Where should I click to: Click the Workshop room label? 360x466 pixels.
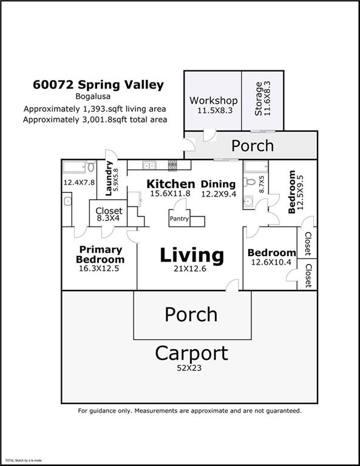click(214, 101)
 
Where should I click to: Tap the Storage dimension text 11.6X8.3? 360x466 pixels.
click(267, 98)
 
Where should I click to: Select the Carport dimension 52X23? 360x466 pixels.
click(189, 368)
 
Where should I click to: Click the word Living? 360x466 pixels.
click(192, 255)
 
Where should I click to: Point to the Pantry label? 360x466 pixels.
click(179, 218)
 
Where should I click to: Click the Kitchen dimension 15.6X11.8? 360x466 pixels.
click(170, 194)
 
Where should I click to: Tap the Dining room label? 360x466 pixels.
click(218, 184)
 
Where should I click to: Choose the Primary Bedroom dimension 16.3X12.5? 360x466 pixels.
click(99, 268)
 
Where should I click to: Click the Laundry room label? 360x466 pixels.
click(109, 178)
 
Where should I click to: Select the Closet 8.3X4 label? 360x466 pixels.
click(109, 214)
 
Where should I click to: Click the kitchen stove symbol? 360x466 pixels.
click(172, 166)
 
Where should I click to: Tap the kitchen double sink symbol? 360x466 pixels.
click(149, 165)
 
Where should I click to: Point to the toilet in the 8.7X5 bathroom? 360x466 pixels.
click(250, 181)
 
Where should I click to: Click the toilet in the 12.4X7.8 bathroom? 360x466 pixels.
click(91, 166)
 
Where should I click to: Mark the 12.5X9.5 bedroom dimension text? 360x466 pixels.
click(300, 192)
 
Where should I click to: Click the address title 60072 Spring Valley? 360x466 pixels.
click(98, 85)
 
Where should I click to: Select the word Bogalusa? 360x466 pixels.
click(93, 96)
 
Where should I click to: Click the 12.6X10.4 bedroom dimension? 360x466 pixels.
click(271, 262)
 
